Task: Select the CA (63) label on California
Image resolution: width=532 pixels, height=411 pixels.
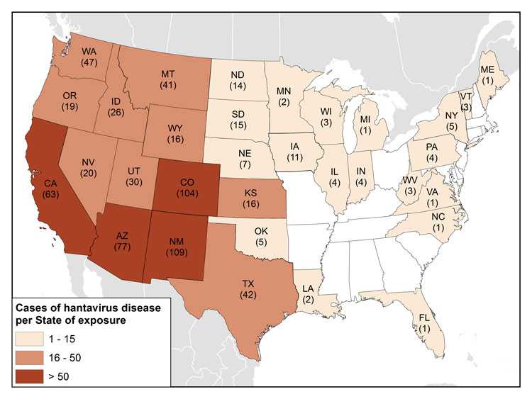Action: click(50, 186)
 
